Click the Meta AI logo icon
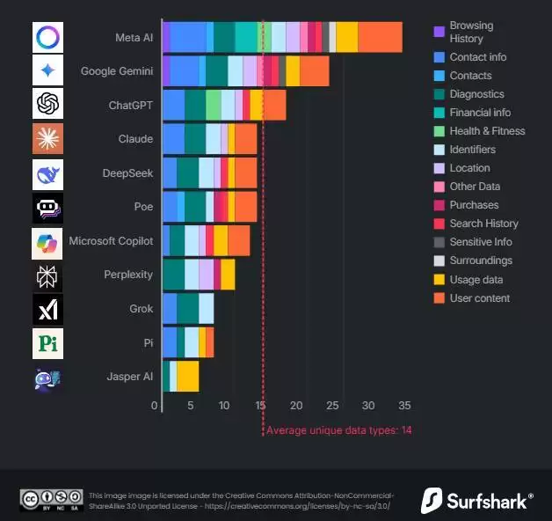pyautogui.click(x=47, y=38)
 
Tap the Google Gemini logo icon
pyautogui.click(x=47, y=70)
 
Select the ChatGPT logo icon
pyautogui.click(x=47, y=105)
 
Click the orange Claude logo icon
pyautogui.click(x=47, y=139)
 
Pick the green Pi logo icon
pyautogui.click(x=47, y=343)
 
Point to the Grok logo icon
pyautogui.click(x=47, y=309)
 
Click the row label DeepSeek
pyautogui.click(x=127, y=173)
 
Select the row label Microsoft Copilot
pyautogui.click(x=111, y=241)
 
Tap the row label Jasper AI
pyautogui.click(x=129, y=377)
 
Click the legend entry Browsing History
pyautogui.click(x=471, y=33)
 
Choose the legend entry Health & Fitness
pyautogui.click(x=487, y=131)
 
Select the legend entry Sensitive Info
pyautogui.click(x=481, y=242)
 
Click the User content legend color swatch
pyautogui.click(x=439, y=298)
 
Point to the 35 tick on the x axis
pyautogui.click(x=405, y=406)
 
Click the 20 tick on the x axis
pyautogui.click(x=297, y=406)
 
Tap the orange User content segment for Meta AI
pyautogui.click(x=380, y=38)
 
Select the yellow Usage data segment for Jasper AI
pyautogui.click(x=187, y=377)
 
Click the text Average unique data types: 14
pyautogui.click(x=338, y=430)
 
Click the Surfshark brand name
pyautogui.click(x=489, y=501)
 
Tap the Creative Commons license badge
pyautogui.click(x=51, y=499)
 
